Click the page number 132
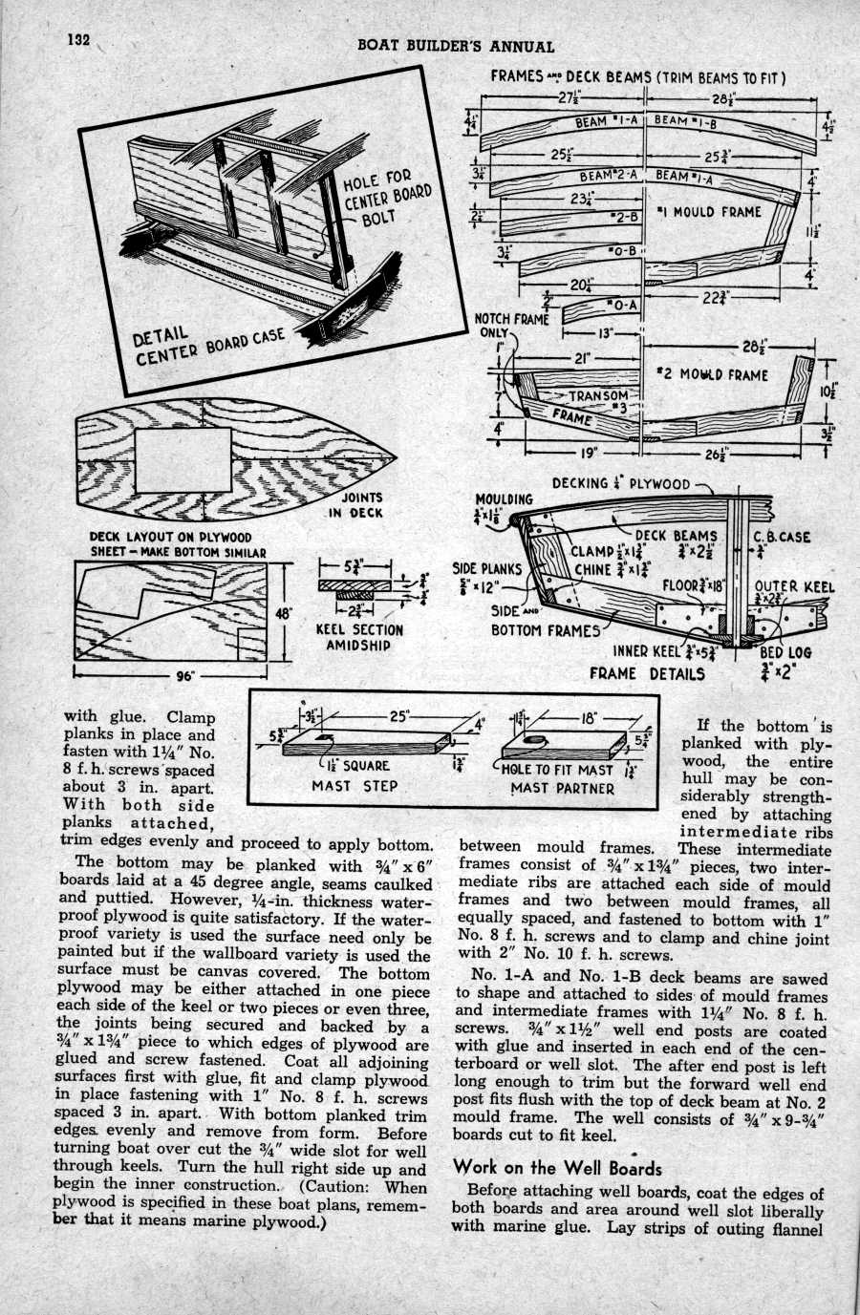77,40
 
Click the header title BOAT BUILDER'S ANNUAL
455,46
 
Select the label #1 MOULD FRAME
709,211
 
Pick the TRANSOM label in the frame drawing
600,395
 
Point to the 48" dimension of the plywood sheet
283,614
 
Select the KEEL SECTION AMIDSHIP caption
359,637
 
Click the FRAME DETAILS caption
646,673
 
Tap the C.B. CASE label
782,537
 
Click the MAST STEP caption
356,786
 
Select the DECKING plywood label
621,483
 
